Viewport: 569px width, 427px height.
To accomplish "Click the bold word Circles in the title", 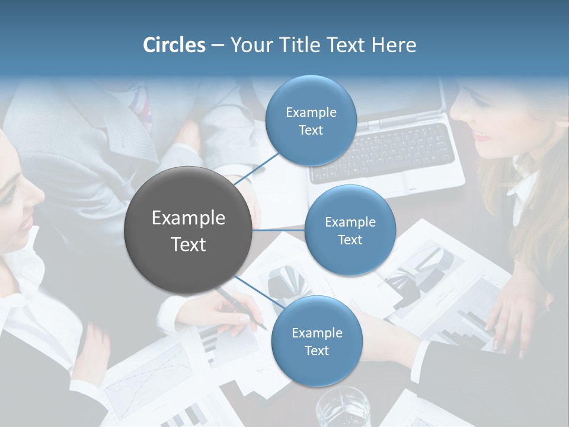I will tap(174, 45).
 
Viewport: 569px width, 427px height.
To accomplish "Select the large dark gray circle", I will tap(188, 230).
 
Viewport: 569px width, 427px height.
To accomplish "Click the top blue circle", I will tap(311, 121).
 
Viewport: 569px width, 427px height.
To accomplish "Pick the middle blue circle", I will tap(350, 230).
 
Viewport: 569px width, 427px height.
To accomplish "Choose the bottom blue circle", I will tap(317, 341).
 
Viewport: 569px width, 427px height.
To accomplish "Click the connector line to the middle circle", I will tap(279, 230).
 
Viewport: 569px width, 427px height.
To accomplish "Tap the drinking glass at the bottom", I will tap(342, 409).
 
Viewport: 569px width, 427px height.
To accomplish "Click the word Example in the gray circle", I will tap(188, 218).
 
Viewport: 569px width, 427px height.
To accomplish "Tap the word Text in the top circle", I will tap(311, 130).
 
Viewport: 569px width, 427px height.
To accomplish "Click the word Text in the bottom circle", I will tap(317, 350).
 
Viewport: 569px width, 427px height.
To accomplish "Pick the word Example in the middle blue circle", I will tap(350, 222).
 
